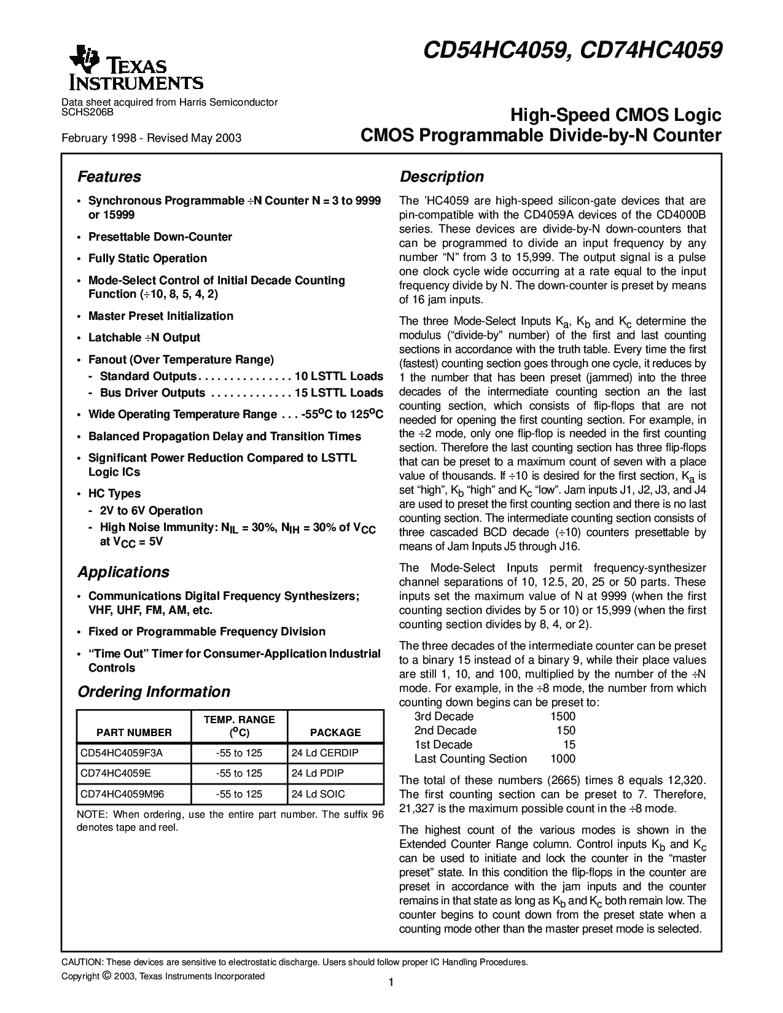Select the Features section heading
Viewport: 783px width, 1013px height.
(x=109, y=177)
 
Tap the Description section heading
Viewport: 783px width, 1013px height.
(x=442, y=177)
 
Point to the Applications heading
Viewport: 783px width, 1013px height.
(x=123, y=572)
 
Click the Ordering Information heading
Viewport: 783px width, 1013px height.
(x=154, y=692)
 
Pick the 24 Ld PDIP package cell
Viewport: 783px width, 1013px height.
(x=317, y=773)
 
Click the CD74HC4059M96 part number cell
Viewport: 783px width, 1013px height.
(x=123, y=794)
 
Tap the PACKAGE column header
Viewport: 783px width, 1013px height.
(x=335, y=732)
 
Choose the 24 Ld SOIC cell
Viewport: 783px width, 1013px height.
(x=318, y=794)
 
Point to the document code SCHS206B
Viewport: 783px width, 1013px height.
(x=88, y=112)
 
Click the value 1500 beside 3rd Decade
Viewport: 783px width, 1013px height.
(x=563, y=716)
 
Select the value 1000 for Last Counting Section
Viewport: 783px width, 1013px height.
(x=563, y=759)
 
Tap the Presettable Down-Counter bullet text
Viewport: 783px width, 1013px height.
(x=160, y=237)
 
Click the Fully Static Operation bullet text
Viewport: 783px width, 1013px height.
(x=147, y=258)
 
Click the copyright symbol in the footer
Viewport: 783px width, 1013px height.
(x=106, y=976)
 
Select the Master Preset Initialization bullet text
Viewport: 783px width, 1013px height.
(x=161, y=316)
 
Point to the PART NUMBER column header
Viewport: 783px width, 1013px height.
(x=134, y=732)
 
